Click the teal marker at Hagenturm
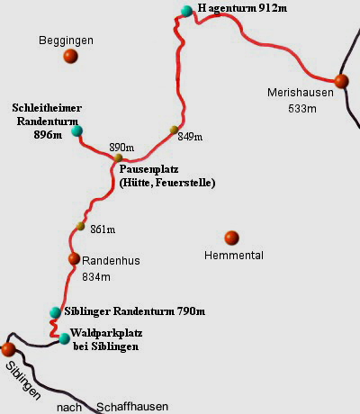coord(186,11)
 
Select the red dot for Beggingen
coord(70,57)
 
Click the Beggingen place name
coord(67,40)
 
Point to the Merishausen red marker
coord(341,81)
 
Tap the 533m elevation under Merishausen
coord(303,109)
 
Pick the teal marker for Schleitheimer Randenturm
coord(76,130)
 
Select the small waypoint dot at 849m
coord(175,130)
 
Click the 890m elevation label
coord(121,147)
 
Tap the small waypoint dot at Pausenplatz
coord(118,157)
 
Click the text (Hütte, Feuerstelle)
coord(166,183)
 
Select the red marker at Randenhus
coord(74,259)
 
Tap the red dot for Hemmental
coord(231,238)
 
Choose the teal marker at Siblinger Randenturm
coord(56,312)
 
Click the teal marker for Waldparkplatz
coord(64,338)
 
